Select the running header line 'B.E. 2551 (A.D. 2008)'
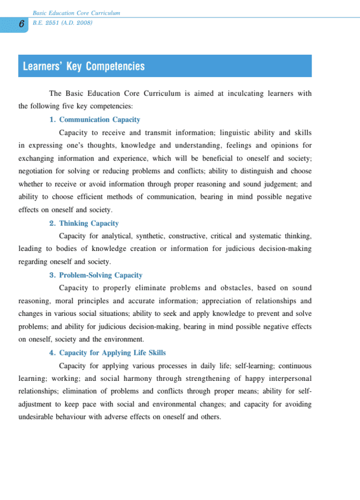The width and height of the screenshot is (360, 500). coord(62,22)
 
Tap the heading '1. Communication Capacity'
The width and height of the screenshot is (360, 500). coord(95,120)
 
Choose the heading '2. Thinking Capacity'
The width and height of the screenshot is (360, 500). coord(84,223)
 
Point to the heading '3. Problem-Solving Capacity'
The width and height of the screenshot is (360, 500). coord(96,275)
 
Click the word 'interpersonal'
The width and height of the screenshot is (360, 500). coord(290,378)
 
